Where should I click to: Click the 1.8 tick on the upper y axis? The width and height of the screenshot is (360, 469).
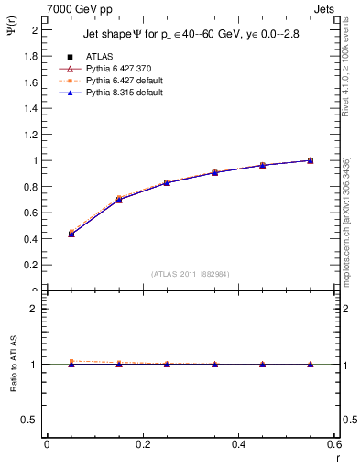31,56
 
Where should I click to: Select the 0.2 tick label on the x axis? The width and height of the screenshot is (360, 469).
142,444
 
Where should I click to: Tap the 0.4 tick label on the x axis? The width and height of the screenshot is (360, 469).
238,444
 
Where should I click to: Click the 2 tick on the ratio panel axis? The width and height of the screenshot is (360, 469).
35,309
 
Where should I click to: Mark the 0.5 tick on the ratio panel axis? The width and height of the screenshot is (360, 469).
31,420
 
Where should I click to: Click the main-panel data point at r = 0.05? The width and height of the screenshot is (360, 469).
71,234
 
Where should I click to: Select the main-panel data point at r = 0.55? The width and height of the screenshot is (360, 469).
311,160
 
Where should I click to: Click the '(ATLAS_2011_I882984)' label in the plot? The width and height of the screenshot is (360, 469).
191,273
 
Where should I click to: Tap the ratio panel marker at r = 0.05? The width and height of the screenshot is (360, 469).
71,363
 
